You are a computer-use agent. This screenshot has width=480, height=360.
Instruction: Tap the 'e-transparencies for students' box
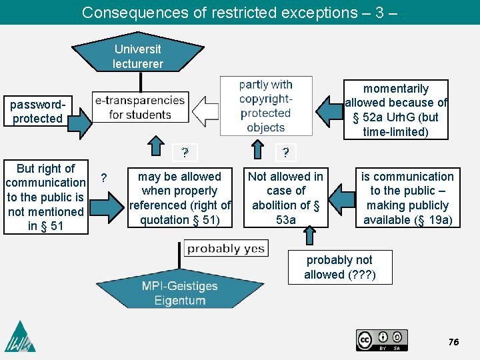[140, 107]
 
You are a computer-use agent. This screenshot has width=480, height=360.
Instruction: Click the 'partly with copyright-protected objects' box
[265, 105]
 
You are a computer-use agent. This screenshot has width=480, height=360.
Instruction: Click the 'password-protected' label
[37, 111]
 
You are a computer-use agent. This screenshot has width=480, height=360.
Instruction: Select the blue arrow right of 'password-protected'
[79, 121]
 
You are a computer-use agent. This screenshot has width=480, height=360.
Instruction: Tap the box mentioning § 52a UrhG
[395, 110]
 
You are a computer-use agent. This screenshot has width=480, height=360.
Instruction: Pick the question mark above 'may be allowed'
[185, 153]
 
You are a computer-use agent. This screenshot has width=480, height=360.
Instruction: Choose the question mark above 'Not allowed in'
[285, 153]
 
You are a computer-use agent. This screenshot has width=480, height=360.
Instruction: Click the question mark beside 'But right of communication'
[103, 177]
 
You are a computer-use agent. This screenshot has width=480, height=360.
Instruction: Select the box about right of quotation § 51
[180, 198]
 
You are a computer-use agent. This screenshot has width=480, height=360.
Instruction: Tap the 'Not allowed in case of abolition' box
[285, 198]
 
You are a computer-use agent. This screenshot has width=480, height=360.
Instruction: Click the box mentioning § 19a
[407, 198]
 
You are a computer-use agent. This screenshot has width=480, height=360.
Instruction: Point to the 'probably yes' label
[225, 249]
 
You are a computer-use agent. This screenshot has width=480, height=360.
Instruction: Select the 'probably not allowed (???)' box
[339, 267]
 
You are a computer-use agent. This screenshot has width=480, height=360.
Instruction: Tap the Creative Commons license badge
[381, 339]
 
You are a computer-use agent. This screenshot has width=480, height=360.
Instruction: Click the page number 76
[454, 342]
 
